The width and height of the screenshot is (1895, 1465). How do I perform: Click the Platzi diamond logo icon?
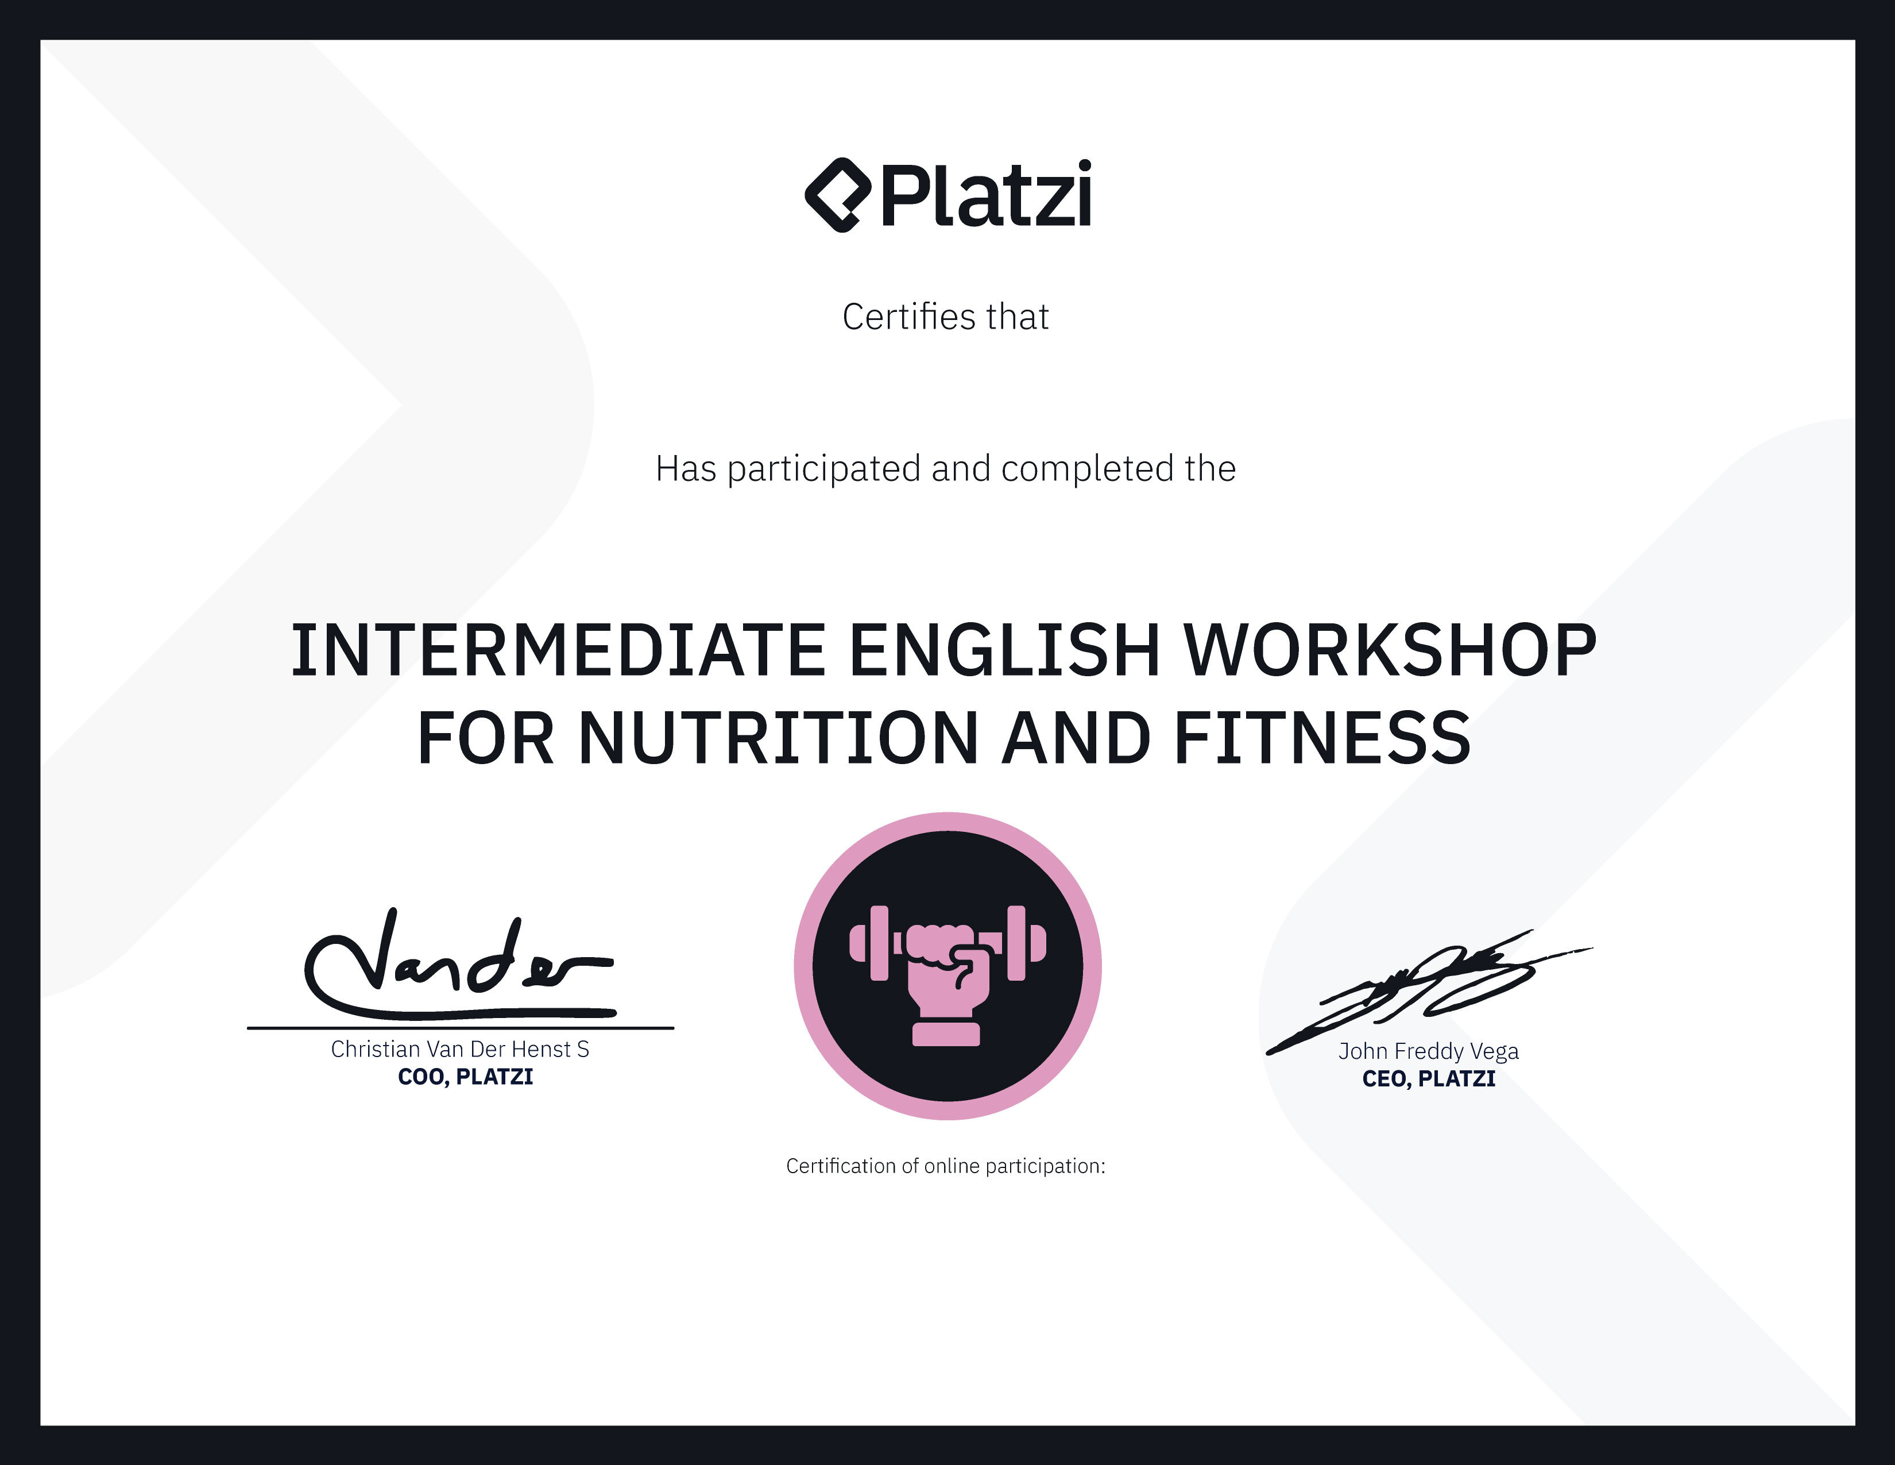tap(837, 195)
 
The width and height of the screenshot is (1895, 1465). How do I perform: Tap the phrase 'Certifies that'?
tap(946, 317)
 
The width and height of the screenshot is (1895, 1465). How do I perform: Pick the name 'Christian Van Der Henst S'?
tap(460, 1049)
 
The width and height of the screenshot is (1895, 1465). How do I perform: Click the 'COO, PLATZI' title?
tap(465, 1077)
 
